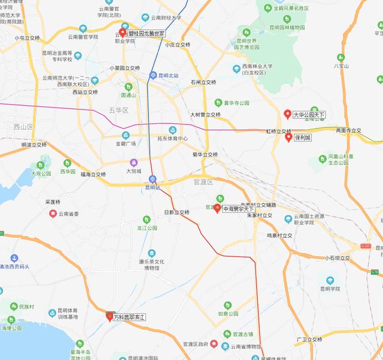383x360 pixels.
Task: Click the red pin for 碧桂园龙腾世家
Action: tap(123, 33)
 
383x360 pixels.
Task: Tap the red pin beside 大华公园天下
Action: tap(287, 114)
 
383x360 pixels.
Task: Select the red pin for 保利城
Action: tap(288, 137)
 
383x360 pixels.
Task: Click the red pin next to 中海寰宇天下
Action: tap(218, 209)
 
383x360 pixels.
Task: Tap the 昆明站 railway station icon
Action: tap(153, 179)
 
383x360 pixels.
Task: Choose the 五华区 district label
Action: tap(119, 109)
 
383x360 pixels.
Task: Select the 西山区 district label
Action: tap(23, 127)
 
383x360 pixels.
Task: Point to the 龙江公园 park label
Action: tap(147, 228)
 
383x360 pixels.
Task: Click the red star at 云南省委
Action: tap(53, 213)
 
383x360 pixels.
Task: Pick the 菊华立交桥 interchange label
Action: tap(205, 155)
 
